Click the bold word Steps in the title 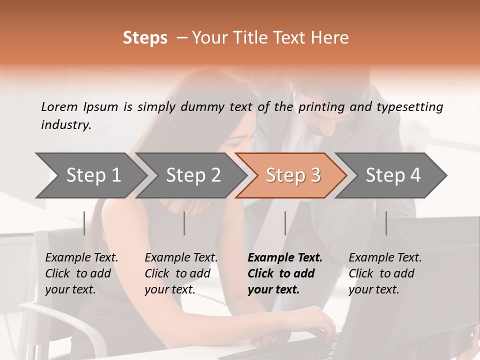pos(145,38)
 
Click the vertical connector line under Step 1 pos(84,223)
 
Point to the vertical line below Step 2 pos(184,223)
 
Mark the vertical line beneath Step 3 pos(285,223)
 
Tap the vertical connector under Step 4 pos(386,223)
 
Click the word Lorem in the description pos(59,106)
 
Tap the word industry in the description pos(66,124)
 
